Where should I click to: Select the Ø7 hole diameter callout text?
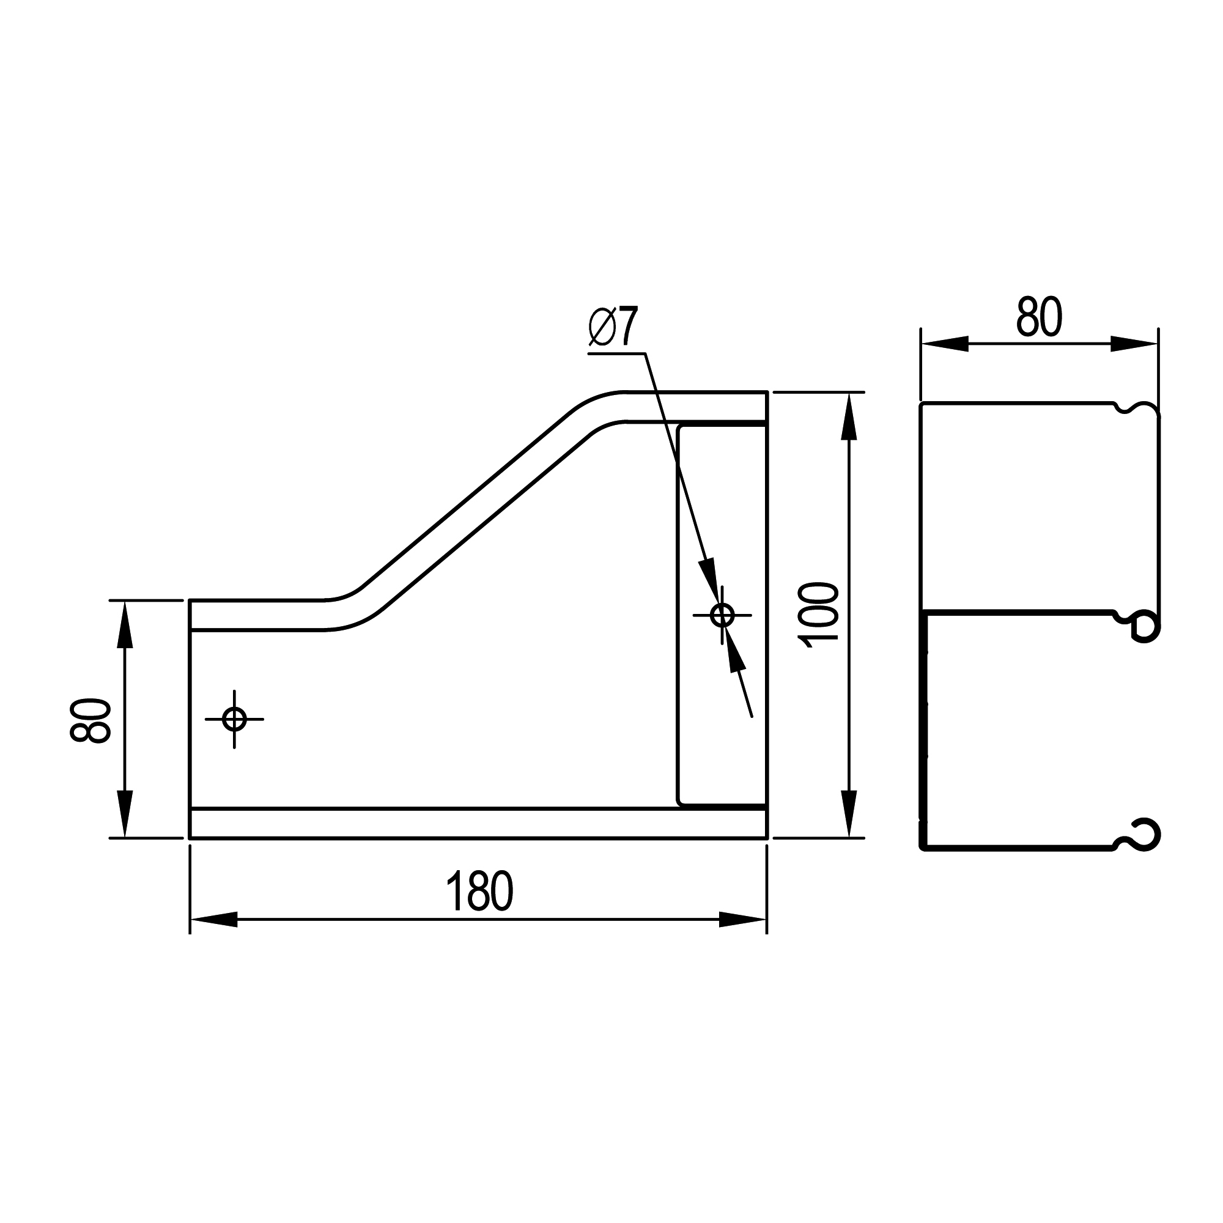pos(613,326)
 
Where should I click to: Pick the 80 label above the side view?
pos(1039,317)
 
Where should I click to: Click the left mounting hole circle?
pos(234,719)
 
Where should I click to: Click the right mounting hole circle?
pos(722,615)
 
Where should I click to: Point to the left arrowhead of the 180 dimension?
pos(214,919)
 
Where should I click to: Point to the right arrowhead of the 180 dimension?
pos(742,919)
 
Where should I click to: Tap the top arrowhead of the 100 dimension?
pos(848,416)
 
